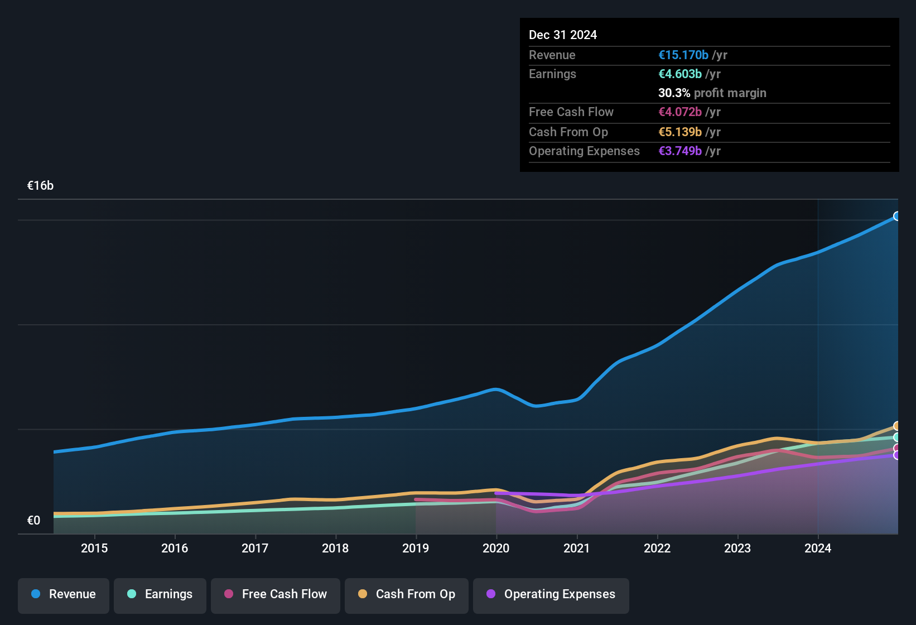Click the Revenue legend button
click(x=64, y=594)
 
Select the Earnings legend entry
click(x=160, y=594)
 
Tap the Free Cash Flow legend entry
click(x=276, y=594)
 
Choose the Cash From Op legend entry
click(x=407, y=594)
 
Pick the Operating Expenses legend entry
click(x=551, y=594)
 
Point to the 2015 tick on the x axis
click(x=94, y=548)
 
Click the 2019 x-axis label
click(x=416, y=548)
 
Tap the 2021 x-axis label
click(x=576, y=548)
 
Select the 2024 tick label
click(x=817, y=548)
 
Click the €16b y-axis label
click(x=40, y=186)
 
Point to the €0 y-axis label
click(x=33, y=521)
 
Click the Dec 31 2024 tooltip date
click(x=562, y=35)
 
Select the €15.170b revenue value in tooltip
click(x=683, y=55)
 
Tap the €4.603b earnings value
click(x=680, y=74)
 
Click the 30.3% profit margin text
click(x=712, y=93)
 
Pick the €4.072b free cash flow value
click(x=680, y=112)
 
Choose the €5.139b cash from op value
click(x=680, y=132)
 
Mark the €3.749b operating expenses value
click(x=680, y=151)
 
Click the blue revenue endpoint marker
click(x=897, y=216)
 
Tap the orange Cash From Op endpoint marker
click(x=897, y=426)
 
